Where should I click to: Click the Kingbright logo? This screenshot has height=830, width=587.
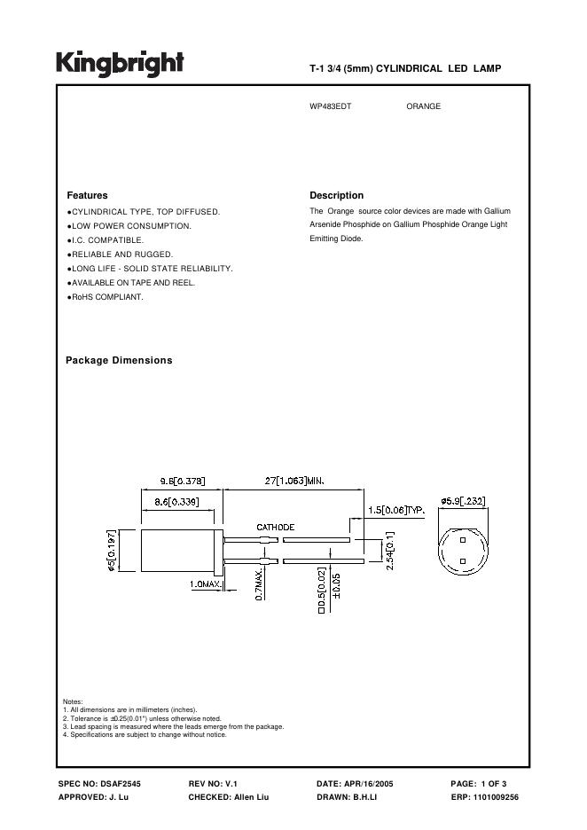coord(121,63)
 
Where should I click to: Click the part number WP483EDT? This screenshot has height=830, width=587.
coord(330,106)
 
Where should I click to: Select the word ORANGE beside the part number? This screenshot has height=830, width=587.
coord(423,106)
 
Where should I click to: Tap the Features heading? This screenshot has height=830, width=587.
coord(87,195)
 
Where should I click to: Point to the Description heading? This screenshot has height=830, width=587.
coord(336,195)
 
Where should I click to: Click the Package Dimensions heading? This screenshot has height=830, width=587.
coord(119,360)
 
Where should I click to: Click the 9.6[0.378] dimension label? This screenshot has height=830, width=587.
coord(183,482)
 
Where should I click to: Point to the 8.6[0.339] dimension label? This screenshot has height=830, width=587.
coord(176,502)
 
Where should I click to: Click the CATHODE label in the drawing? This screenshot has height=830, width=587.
coord(275,527)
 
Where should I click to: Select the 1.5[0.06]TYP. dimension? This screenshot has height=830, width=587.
coord(397,511)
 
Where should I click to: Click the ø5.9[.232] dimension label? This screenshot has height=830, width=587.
coord(463,502)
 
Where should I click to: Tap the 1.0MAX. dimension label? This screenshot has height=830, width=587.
coord(205,585)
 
